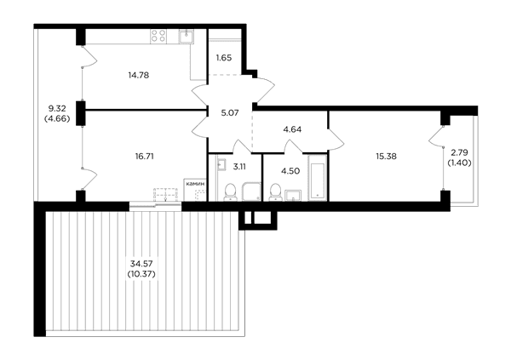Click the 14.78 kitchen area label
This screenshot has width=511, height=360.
[139, 75]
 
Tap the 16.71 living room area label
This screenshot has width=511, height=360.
[145, 157]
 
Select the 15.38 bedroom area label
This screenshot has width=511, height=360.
[386, 157]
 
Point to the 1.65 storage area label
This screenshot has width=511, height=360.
[224, 58]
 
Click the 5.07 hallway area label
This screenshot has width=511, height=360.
[230, 113]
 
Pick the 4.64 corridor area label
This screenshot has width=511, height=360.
[292, 129]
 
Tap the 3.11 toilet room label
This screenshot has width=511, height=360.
[239, 167]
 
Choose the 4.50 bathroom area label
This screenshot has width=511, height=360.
[290, 171]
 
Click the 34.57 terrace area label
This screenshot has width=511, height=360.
[141, 263]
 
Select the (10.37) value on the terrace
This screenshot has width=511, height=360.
[141, 274]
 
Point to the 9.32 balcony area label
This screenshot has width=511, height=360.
[57, 108]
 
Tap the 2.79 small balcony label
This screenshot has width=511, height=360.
[460, 151]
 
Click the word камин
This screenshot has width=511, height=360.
[195, 184]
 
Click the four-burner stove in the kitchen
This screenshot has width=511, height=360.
[158, 36]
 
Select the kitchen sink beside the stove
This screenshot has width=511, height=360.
[186, 36]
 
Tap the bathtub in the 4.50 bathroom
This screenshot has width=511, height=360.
[317, 177]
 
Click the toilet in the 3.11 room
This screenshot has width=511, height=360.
[230, 191]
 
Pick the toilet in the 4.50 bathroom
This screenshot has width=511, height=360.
[276, 191]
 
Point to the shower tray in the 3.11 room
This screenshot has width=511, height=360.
[251, 191]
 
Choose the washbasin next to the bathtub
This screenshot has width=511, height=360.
[293, 196]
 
